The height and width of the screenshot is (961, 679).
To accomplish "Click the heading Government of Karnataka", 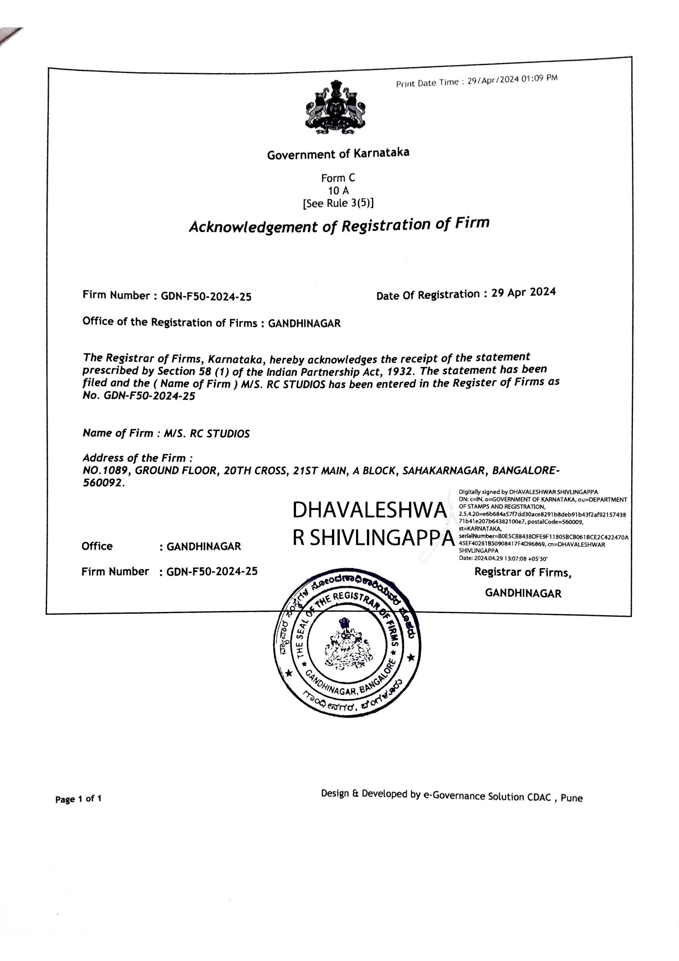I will [338, 154].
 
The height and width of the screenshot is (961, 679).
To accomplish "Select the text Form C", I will [338, 178].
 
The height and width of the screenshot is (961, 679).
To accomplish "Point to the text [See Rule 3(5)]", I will [338, 203].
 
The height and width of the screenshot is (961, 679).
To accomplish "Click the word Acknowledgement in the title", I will [254, 227].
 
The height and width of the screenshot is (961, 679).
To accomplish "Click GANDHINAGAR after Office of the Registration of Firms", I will [304, 323].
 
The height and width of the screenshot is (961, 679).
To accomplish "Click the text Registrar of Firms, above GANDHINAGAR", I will [523, 572].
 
